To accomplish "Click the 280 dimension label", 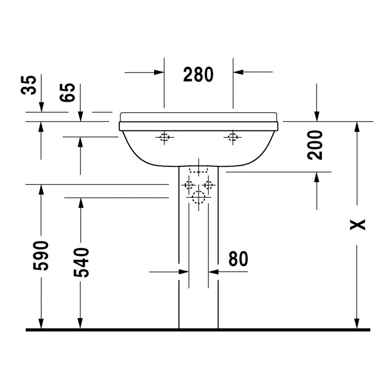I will (x=198, y=74).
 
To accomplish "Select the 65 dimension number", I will (x=68, y=93).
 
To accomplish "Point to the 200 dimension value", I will (x=315, y=145).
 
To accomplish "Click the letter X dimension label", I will (x=357, y=224).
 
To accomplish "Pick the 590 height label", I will (x=41, y=255).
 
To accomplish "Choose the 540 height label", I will (x=81, y=262).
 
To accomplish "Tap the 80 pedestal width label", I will (x=238, y=259).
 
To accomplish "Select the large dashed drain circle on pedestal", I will (x=198, y=197).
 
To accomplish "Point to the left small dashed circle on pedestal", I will (x=188, y=185).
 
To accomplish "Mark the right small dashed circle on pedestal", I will (x=209, y=185).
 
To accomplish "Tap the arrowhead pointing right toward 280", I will (x=160, y=72).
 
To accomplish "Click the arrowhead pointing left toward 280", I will (x=238, y=72).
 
